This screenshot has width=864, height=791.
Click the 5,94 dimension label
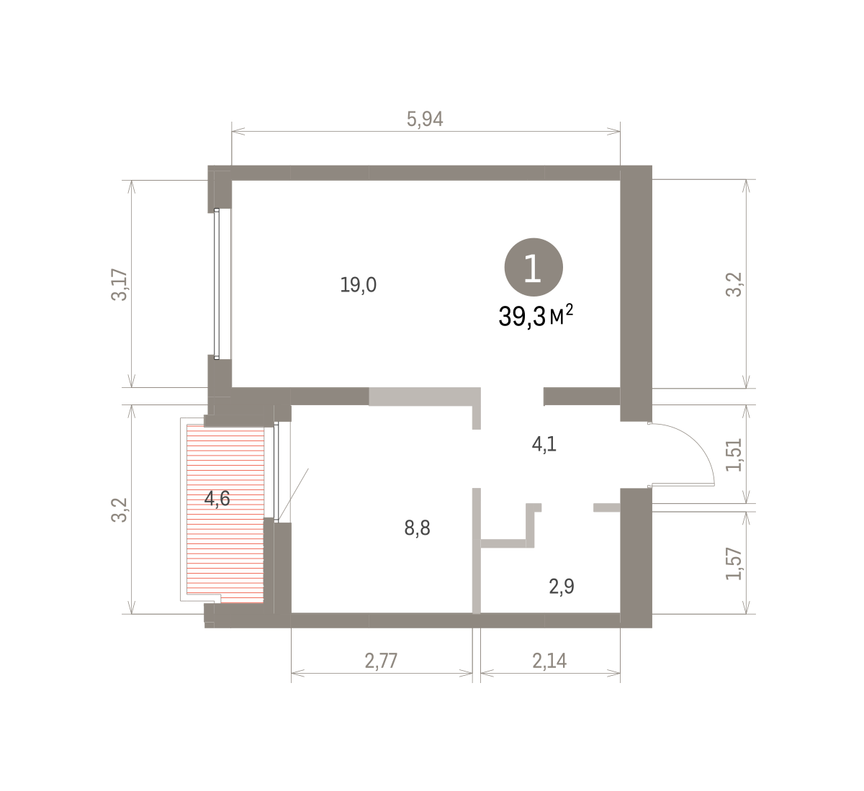[425, 119]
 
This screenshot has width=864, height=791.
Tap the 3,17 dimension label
[120, 284]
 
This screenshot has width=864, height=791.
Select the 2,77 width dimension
[381, 661]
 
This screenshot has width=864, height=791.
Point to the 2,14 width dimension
[549, 661]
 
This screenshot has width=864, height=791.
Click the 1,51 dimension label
[734, 455]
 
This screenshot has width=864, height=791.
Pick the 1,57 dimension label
[734, 564]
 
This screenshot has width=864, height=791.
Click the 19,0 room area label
[359, 285]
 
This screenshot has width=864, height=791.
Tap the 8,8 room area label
[417, 528]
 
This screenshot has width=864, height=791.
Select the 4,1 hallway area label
[544, 444]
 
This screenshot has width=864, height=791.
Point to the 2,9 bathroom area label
[562, 587]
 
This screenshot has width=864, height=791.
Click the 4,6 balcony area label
[217, 499]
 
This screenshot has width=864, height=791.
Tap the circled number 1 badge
[534, 268]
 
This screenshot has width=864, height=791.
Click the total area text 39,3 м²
[536, 316]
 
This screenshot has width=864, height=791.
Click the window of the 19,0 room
[217, 284]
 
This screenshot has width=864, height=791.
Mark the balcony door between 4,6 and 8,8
[276, 471]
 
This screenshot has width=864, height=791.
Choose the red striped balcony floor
[225, 514]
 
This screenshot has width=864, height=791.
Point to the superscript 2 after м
[570, 309]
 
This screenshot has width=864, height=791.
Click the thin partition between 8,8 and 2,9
[477, 551]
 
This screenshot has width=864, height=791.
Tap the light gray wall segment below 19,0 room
[425, 397]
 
